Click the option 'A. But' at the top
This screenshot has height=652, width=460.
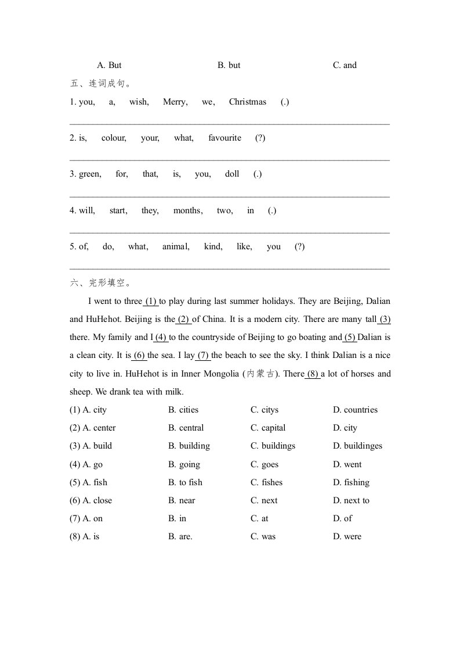coord(109,65)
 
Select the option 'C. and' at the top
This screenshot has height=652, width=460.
coord(345,65)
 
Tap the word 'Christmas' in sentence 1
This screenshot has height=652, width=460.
coord(248,102)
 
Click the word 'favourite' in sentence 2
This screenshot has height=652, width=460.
coord(224,138)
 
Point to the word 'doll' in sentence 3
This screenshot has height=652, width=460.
coord(232,174)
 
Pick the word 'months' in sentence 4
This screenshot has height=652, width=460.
coord(187,210)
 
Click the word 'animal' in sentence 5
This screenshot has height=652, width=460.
coord(176,246)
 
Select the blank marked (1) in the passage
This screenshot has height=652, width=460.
coord(151,301)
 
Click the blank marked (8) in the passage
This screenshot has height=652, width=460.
coord(312,374)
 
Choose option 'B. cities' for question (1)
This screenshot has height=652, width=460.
coord(183,410)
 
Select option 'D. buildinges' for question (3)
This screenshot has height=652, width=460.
coord(357,446)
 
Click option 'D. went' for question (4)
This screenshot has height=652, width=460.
coord(347,464)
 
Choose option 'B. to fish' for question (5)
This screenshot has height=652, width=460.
coord(185,482)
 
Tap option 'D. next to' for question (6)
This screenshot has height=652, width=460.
coord(351,500)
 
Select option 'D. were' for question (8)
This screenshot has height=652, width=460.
coord(347,536)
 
